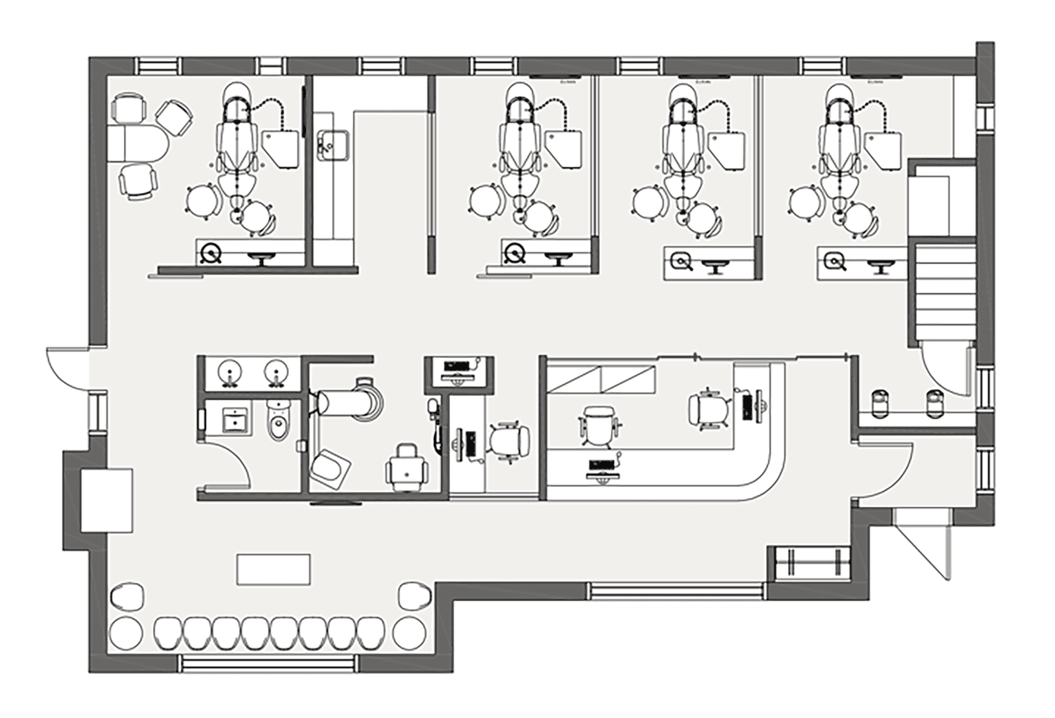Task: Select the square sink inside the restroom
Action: pyautogui.click(x=234, y=420)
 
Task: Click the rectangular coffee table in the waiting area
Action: pyautogui.click(x=274, y=569)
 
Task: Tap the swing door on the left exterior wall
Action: pyautogui.click(x=67, y=369)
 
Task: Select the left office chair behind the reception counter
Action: pyautogui.click(x=598, y=425)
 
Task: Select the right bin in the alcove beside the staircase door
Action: pyautogui.click(x=934, y=404)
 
